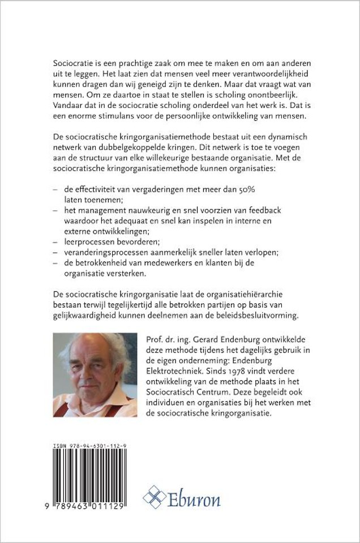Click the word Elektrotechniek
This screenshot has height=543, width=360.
tap(176, 369)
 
